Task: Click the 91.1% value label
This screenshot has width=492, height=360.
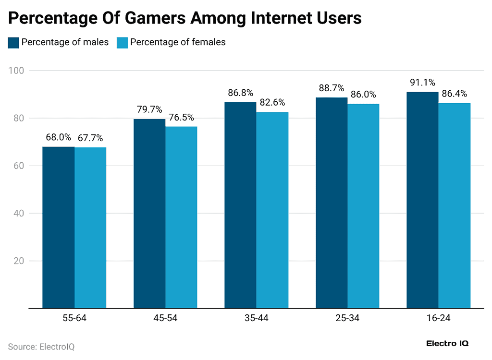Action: click(422, 83)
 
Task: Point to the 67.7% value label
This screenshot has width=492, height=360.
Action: click(90, 138)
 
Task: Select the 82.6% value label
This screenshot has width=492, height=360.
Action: click(272, 102)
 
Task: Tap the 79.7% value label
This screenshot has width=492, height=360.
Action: click(149, 109)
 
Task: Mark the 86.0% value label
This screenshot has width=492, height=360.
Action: click(363, 95)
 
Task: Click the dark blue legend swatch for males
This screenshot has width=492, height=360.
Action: click(13, 42)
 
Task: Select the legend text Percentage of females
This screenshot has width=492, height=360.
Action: click(178, 42)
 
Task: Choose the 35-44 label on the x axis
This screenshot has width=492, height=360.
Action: click(256, 318)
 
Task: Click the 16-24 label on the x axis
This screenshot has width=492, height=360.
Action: click(438, 318)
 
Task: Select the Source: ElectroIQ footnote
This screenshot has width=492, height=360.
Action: click(41, 347)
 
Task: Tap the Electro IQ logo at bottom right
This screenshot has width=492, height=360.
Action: click(447, 344)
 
